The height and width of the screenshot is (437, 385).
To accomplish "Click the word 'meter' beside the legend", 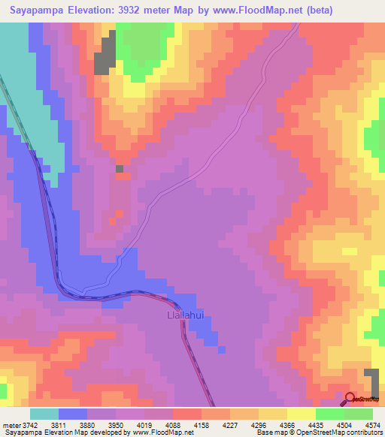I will click(10, 425).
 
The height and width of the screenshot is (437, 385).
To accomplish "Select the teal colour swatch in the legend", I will click(44, 414).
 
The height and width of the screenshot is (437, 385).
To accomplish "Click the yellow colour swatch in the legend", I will click(302, 414).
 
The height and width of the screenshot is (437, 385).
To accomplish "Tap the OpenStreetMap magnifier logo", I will click(351, 399).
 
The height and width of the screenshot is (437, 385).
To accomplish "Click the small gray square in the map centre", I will click(120, 169).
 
